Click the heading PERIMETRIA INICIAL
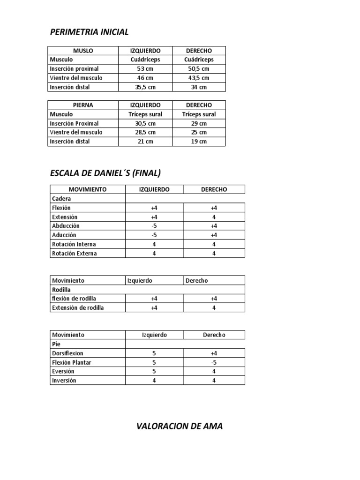click(x=89, y=32)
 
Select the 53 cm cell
click(x=145, y=69)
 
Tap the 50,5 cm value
click(x=199, y=69)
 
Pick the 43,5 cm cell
click(x=199, y=78)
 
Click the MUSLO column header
click(x=83, y=51)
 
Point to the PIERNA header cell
click(x=83, y=105)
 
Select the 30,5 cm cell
click(x=145, y=123)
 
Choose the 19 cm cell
click(x=199, y=142)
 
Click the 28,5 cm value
click(x=145, y=132)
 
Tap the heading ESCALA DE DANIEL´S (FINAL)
click(x=105, y=173)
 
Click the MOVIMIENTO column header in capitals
click(x=88, y=189)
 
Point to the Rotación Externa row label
click(x=75, y=254)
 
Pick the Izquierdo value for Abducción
click(x=154, y=226)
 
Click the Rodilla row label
click(x=61, y=290)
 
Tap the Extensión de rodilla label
click(x=78, y=308)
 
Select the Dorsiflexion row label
click(x=67, y=353)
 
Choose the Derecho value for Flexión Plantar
click(x=214, y=362)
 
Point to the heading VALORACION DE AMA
click(x=180, y=427)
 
